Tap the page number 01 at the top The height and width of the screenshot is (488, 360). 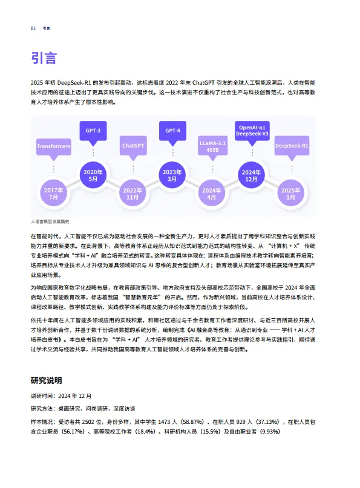tap(33, 28)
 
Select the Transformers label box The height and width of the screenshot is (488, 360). tap(53, 146)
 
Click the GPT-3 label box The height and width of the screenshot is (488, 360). tap(93, 131)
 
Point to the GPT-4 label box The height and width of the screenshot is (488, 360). tap(172, 131)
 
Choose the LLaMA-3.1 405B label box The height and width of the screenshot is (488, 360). tap(212, 146)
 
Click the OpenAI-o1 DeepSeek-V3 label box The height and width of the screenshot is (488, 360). tap(252, 131)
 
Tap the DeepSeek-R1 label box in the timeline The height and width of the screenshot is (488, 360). tap(292, 146)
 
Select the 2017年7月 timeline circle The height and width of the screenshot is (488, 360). tap(53, 194)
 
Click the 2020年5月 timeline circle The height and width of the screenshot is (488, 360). tap(93, 176)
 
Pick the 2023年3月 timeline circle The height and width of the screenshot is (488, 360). tap(172, 176)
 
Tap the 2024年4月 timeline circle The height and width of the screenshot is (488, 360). tap(212, 194)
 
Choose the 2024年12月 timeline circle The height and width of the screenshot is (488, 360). tap(252, 176)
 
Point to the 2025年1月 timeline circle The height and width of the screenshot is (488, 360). tap(292, 194)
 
